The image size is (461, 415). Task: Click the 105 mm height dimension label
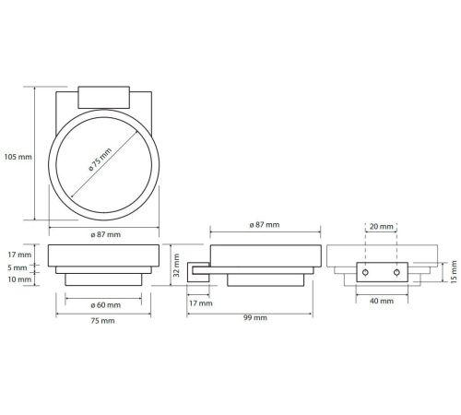(18, 157)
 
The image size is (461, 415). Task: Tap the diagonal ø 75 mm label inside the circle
(100, 160)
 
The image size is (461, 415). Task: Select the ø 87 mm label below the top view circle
(106, 234)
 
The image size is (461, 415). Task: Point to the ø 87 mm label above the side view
(265, 225)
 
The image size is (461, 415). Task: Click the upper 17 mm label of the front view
(19, 255)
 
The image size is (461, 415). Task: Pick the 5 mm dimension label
(18, 267)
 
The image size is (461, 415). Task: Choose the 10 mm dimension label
(19, 279)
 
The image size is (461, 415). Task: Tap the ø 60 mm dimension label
(106, 305)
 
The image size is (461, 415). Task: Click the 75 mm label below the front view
(102, 321)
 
